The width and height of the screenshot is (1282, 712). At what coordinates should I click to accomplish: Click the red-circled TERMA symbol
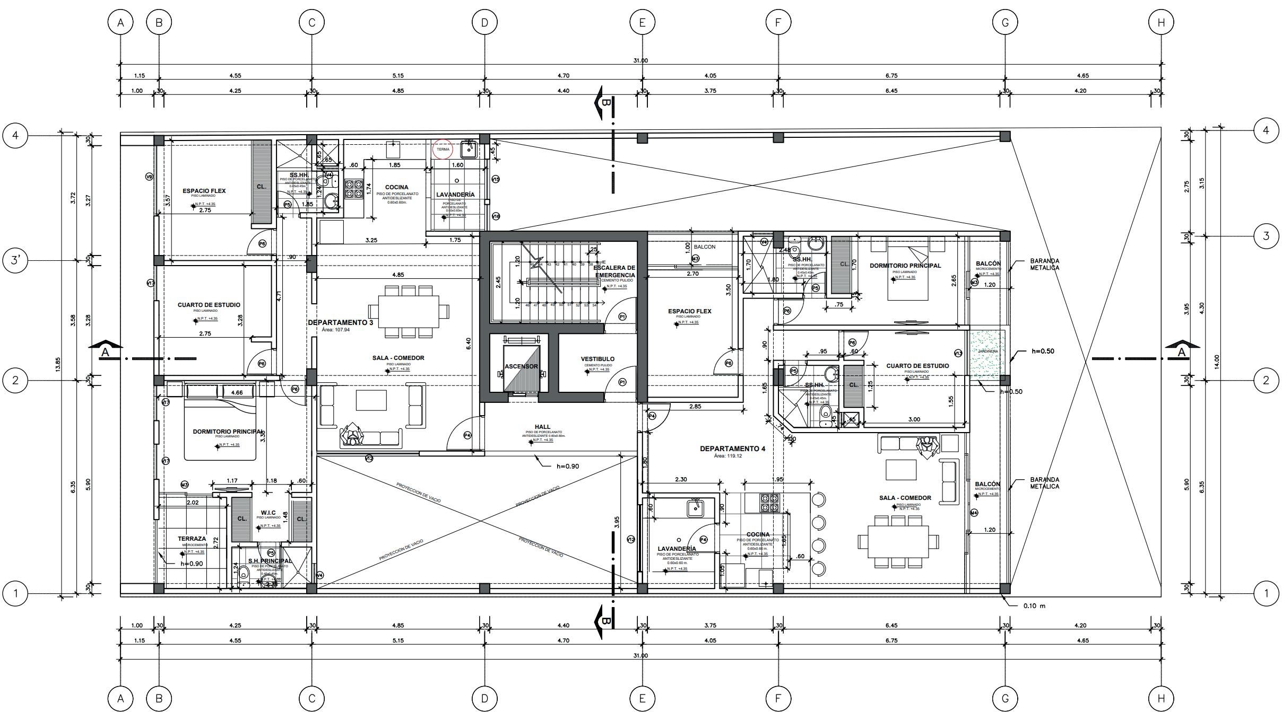[x=443, y=150]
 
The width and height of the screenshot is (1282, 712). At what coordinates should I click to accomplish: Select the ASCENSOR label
[x=521, y=366]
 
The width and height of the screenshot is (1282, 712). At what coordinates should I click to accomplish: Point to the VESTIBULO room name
[x=597, y=359]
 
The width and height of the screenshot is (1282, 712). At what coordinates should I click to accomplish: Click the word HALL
[x=542, y=427]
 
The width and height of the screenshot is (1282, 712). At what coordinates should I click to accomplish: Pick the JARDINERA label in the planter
[x=988, y=351]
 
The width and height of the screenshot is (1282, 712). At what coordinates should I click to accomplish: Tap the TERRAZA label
[x=192, y=539]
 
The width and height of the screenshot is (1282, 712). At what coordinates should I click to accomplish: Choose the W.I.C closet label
[x=268, y=513]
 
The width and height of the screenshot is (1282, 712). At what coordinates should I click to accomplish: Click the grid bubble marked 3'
[x=15, y=260]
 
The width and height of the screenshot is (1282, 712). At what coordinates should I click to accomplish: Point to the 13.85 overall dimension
[x=58, y=364]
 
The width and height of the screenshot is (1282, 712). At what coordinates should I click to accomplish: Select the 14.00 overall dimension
[x=1217, y=361]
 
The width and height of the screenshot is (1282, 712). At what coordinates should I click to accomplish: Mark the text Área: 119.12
[x=727, y=456]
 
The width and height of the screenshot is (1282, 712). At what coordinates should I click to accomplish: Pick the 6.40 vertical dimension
[x=468, y=344]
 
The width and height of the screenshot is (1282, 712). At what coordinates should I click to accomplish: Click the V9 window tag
[x=149, y=177]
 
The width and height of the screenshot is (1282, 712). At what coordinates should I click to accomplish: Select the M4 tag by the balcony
[x=974, y=513]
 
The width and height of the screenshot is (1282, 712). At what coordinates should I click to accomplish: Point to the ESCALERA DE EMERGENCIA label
[x=615, y=271]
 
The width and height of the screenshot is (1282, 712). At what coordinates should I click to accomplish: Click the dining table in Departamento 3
[x=408, y=311]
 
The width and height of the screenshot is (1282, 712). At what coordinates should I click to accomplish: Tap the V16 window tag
[x=496, y=216]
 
